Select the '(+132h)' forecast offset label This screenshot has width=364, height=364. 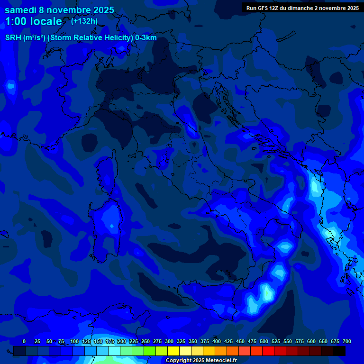pos(84,21)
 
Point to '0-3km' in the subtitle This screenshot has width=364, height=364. pos(146,38)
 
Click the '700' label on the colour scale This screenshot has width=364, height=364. pos(346,341)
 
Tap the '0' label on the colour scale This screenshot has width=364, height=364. pos(24,341)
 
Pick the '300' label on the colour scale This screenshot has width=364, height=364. pos(169,341)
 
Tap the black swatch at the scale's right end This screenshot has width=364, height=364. pos(339,351)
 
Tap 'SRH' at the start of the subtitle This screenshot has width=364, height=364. pos(13,38)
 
